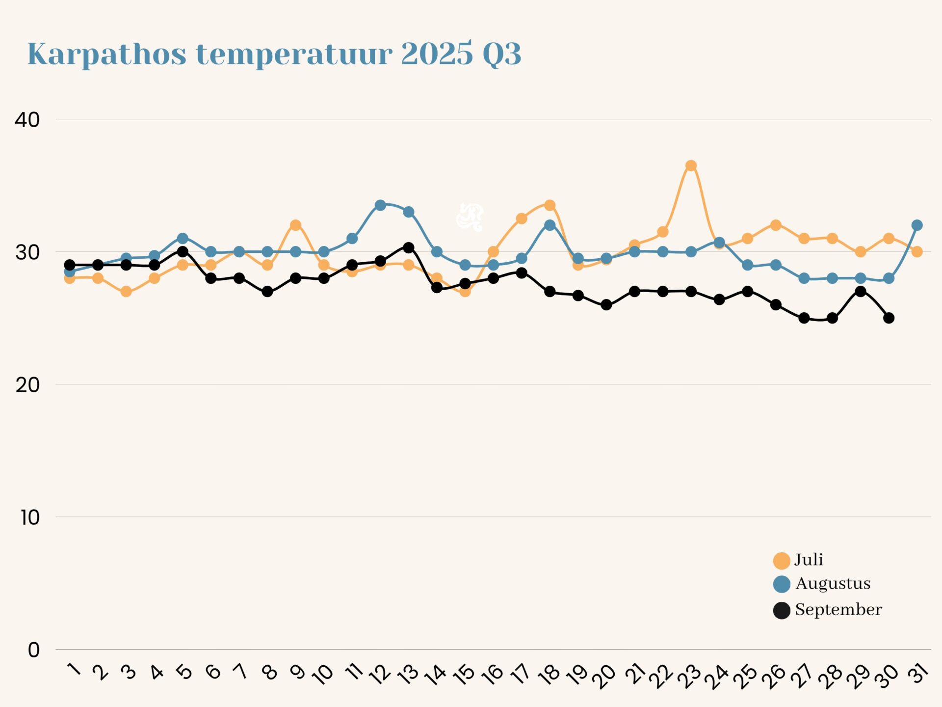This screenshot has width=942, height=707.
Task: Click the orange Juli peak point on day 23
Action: [691, 165]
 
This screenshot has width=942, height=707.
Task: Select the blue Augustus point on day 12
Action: [380, 205]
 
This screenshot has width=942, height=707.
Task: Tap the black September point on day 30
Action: [889, 318]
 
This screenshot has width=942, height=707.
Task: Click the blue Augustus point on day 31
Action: [917, 225]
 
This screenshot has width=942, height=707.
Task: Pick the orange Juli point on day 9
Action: [295, 225]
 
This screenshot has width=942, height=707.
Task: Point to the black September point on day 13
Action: [408, 247]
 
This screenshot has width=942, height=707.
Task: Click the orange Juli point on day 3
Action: [126, 292]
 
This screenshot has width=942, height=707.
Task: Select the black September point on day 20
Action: [606, 305]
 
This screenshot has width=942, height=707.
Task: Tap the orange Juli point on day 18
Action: [550, 205]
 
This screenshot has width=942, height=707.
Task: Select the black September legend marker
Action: [782, 610]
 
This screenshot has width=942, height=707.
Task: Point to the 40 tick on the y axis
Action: [27, 120]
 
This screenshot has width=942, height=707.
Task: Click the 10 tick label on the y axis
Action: [30, 517]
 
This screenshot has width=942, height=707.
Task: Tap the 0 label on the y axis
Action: [33, 650]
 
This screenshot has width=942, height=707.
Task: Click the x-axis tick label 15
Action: [464, 674]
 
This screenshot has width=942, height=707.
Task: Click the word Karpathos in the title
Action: [106, 54]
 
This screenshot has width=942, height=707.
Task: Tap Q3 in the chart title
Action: [501, 54]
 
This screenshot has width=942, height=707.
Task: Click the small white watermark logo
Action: [470, 217]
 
